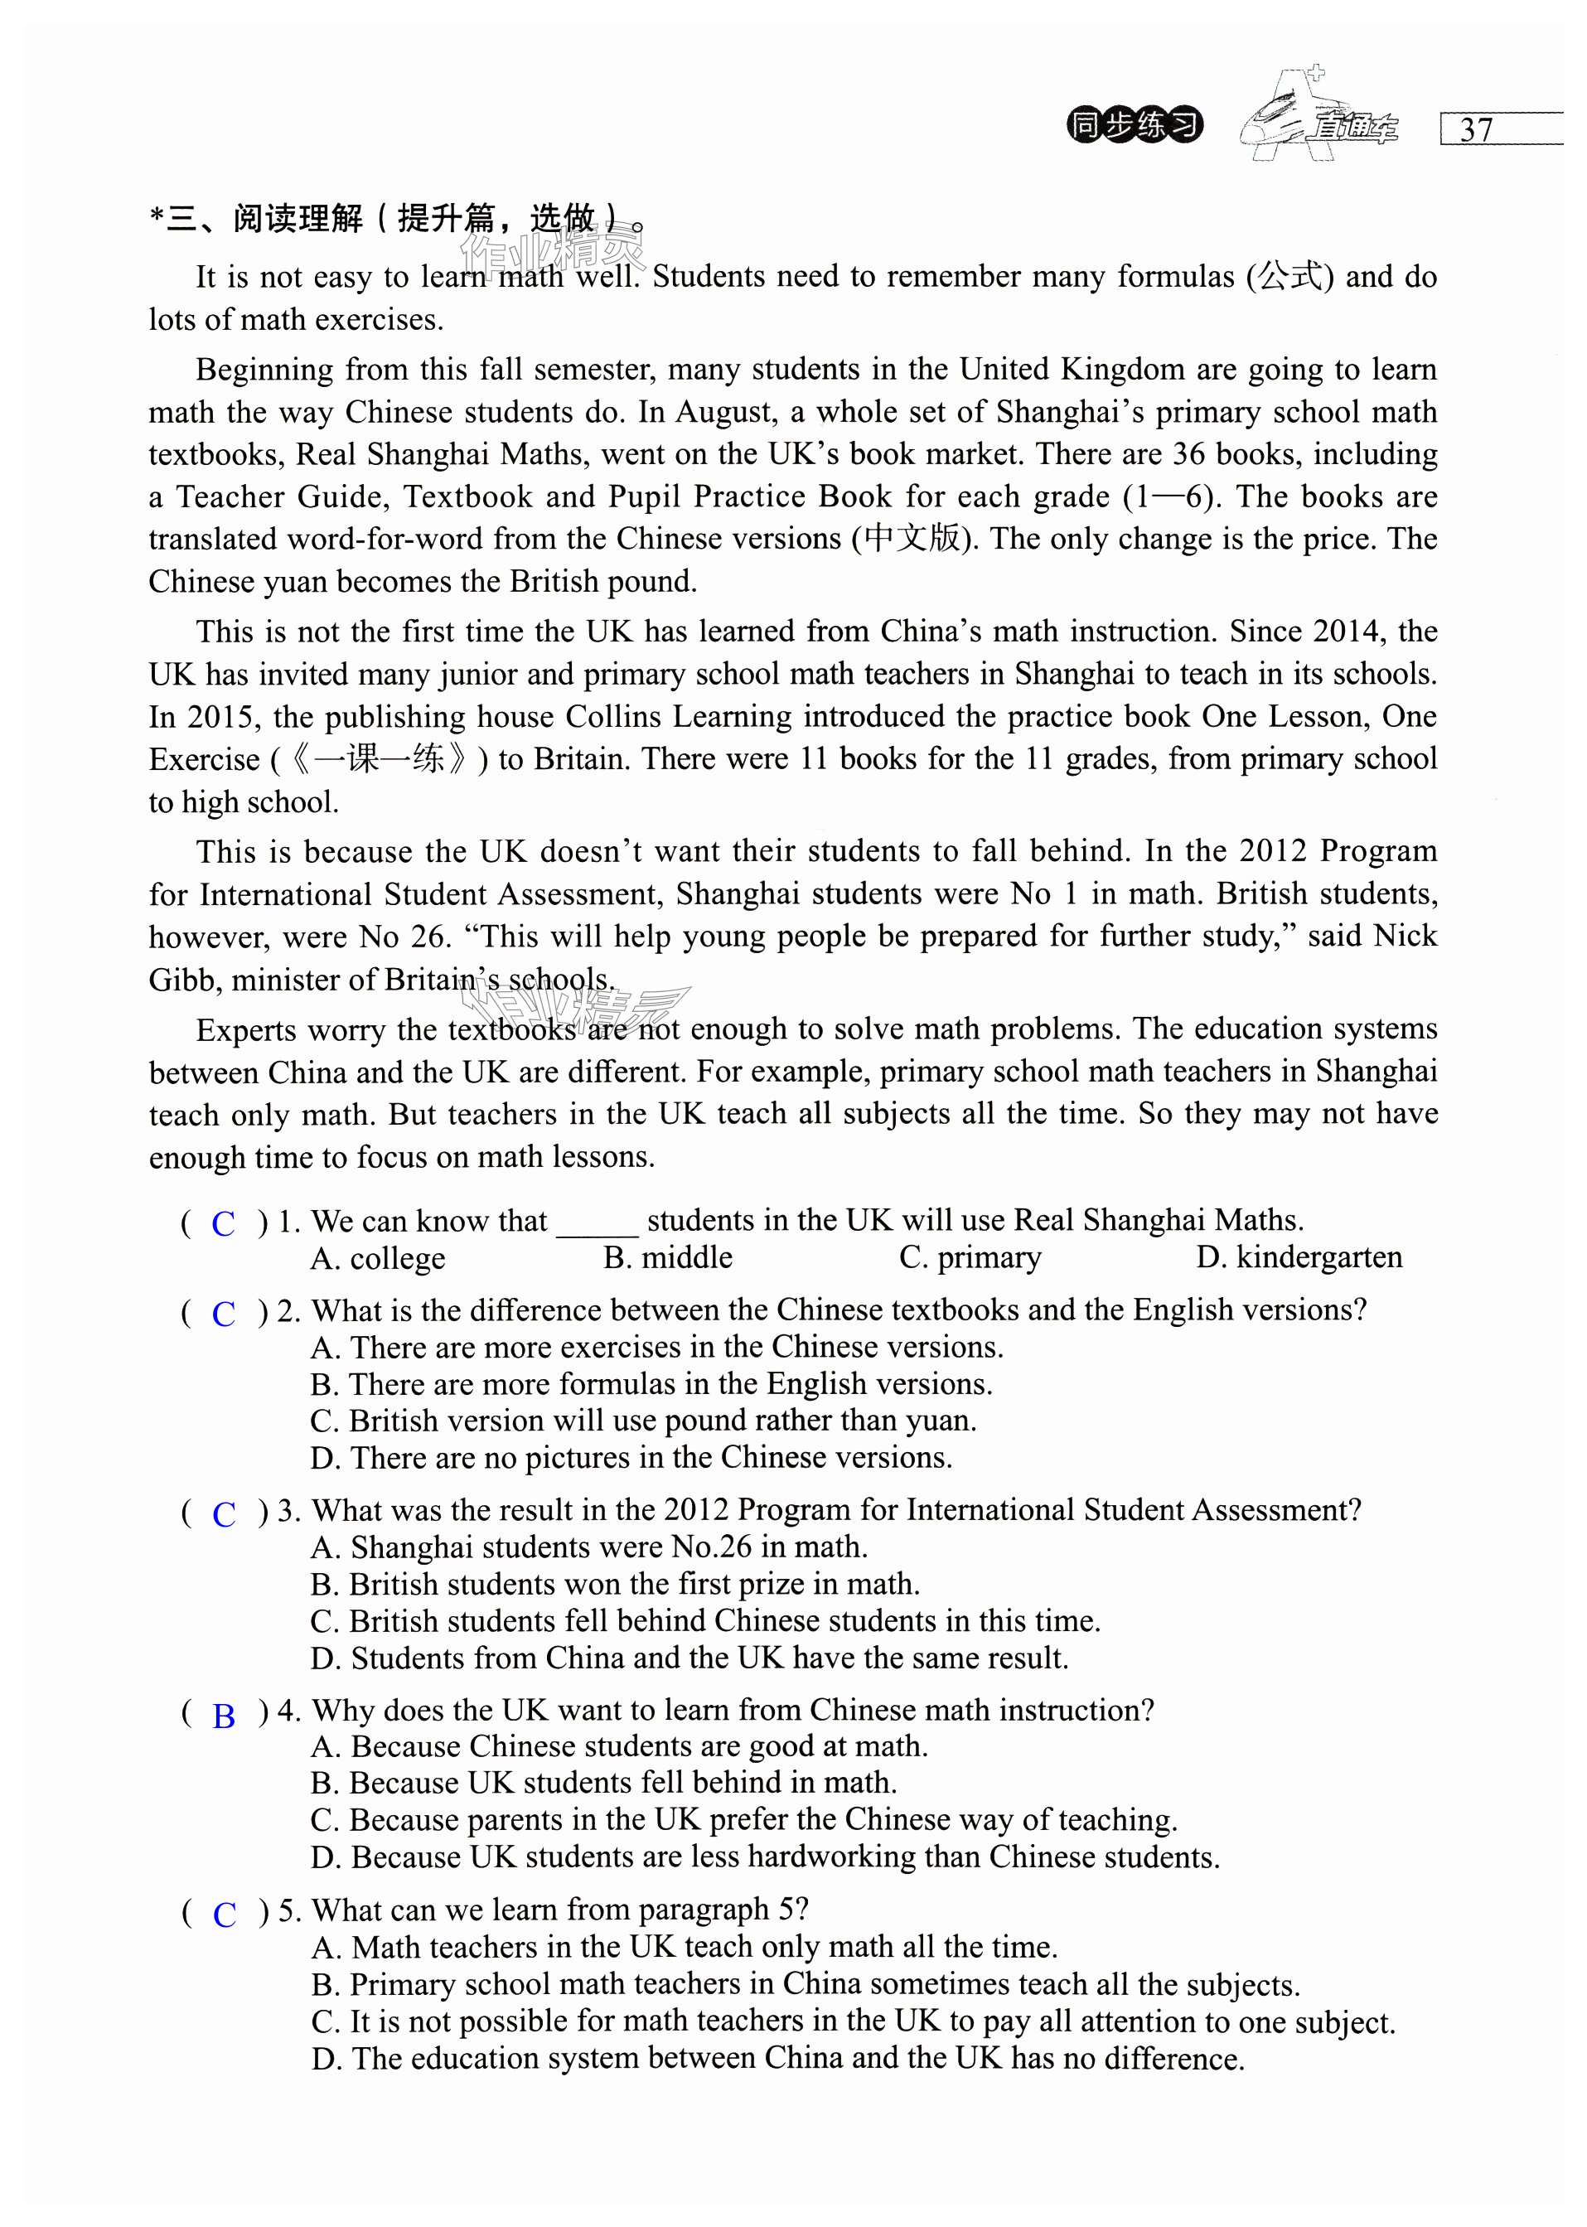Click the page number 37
(1476, 130)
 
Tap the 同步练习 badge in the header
(1134, 125)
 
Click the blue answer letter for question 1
(224, 1223)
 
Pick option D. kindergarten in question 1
(1299, 1256)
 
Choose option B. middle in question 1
(667, 1257)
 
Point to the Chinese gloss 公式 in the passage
(1290, 277)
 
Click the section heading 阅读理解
(298, 218)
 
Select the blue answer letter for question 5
(224, 1915)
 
